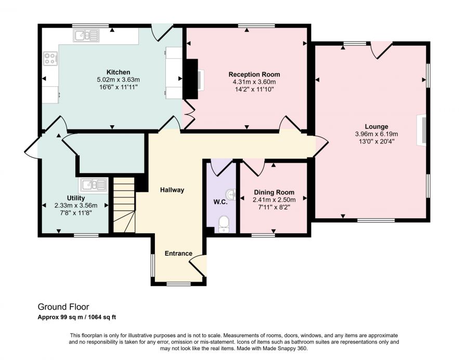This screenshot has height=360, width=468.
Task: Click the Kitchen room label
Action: (x=119, y=72)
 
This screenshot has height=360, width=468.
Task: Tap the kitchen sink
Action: (x=86, y=35)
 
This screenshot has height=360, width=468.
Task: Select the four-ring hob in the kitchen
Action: (x=50, y=58)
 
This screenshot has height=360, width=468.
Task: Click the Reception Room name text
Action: (x=254, y=74)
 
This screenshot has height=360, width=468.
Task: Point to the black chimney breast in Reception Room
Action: (x=191, y=79)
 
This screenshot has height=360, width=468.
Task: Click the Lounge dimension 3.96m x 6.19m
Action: (x=376, y=134)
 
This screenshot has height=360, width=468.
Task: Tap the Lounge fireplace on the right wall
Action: (x=422, y=130)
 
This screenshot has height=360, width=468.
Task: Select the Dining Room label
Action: (x=274, y=192)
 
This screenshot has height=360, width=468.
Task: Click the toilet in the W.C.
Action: (x=224, y=224)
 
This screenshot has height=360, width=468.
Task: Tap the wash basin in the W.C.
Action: (x=231, y=194)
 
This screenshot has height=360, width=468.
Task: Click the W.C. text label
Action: (x=220, y=202)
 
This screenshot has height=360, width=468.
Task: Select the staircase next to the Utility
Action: (x=124, y=205)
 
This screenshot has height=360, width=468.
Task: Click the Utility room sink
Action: (x=93, y=185)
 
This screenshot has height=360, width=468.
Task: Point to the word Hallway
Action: (x=172, y=190)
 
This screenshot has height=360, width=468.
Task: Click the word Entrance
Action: (x=178, y=254)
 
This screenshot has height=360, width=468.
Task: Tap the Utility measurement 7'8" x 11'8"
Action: (x=76, y=213)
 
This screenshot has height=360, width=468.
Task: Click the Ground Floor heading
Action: (x=63, y=306)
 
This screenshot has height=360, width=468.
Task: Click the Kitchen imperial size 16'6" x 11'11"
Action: (x=119, y=87)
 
